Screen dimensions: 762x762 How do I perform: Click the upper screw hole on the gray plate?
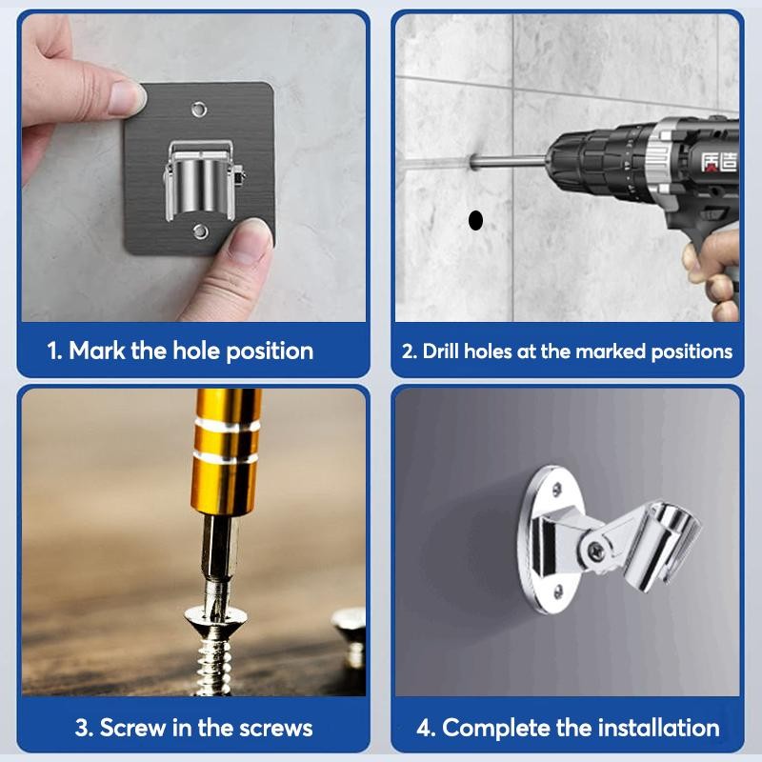(x=199, y=110)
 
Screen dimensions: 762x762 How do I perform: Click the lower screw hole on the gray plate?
(x=200, y=231)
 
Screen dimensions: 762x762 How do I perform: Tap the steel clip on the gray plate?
(x=203, y=180)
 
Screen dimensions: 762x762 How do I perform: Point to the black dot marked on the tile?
(x=475, y=220)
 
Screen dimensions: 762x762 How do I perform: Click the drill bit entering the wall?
(x=509, y=161)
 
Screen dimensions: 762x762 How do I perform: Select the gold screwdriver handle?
(x=227, y=451)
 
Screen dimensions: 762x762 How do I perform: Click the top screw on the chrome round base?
(x=557, y=489)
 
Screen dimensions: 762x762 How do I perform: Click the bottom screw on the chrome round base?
(x=558, y=591)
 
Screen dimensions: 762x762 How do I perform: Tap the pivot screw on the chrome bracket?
(x=596, y=551)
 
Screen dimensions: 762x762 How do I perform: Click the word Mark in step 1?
(x=97, y=351)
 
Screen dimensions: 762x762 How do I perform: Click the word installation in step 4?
(x=658, y=728)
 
